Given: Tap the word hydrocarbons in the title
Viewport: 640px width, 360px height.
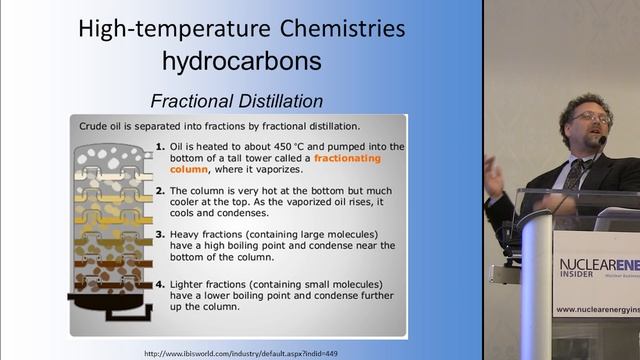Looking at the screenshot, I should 243,60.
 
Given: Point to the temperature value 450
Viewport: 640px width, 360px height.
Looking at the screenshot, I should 258,147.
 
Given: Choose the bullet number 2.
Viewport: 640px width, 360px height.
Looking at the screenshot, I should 160,190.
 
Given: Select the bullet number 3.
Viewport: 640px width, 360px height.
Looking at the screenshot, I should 160,234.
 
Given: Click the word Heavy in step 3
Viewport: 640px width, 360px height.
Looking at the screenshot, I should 187,234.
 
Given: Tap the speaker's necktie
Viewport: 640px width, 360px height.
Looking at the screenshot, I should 575,176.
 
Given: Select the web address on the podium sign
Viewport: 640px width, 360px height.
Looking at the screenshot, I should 598,311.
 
